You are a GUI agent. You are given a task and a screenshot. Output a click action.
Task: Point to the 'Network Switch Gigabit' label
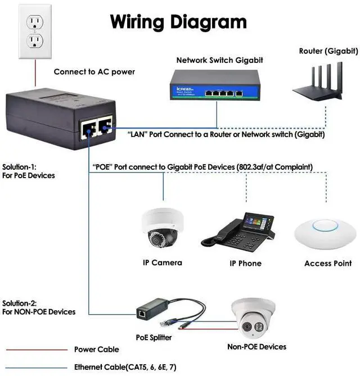[x=219, y=60]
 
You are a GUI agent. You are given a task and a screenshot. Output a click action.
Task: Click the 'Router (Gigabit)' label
[x=328, y=51]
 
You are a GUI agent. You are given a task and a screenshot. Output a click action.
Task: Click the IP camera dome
[x=163, y=229]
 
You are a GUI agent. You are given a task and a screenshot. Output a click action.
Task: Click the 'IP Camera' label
[x=162, y=262]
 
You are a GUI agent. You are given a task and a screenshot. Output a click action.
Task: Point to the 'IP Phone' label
[x=245, y=263]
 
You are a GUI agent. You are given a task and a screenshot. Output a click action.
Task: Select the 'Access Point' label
[x=328, y=263]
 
